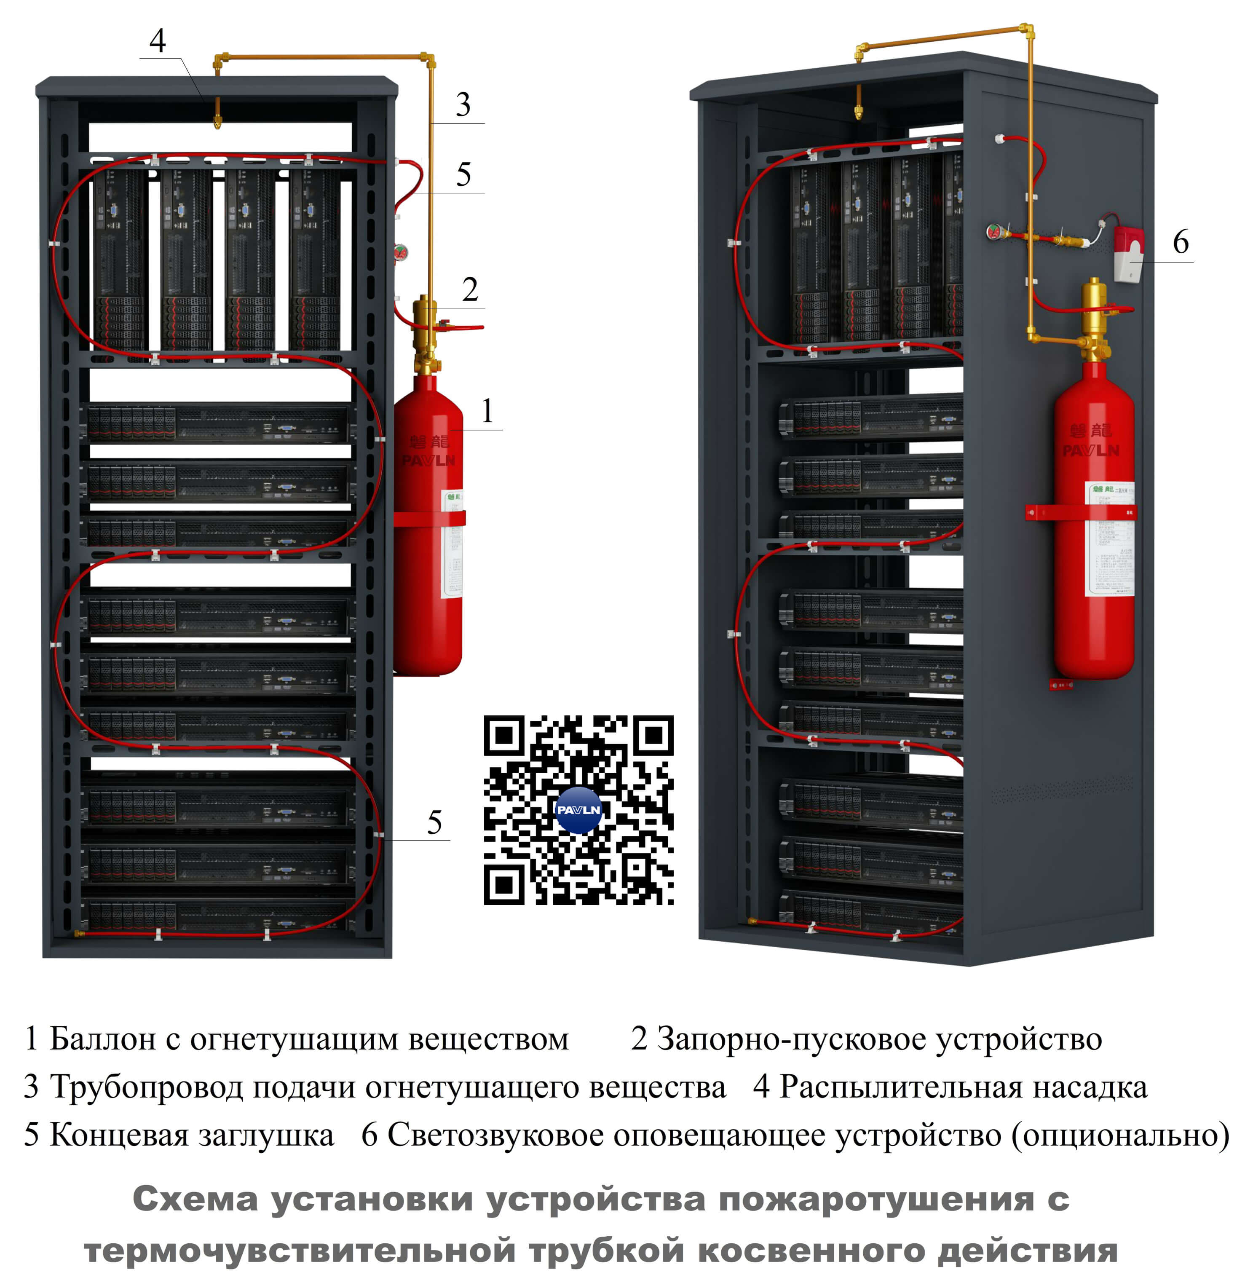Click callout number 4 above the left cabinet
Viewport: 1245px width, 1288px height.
[x=157, y=41]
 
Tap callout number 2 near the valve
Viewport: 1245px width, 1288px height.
[x=470, y=289]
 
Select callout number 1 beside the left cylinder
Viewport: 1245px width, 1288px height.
[x=487, y=411]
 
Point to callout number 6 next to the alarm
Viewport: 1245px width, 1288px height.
[x=1181, y=242]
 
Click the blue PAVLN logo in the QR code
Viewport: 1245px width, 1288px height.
[x=578, y=810]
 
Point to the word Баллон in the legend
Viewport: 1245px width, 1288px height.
[x=102, y=1039]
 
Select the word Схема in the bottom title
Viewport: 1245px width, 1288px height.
[x=195, y=1199]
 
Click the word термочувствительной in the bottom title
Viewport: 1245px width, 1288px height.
[x=300, y=1250]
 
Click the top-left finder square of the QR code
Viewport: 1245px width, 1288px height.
[x=504, y=735]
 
